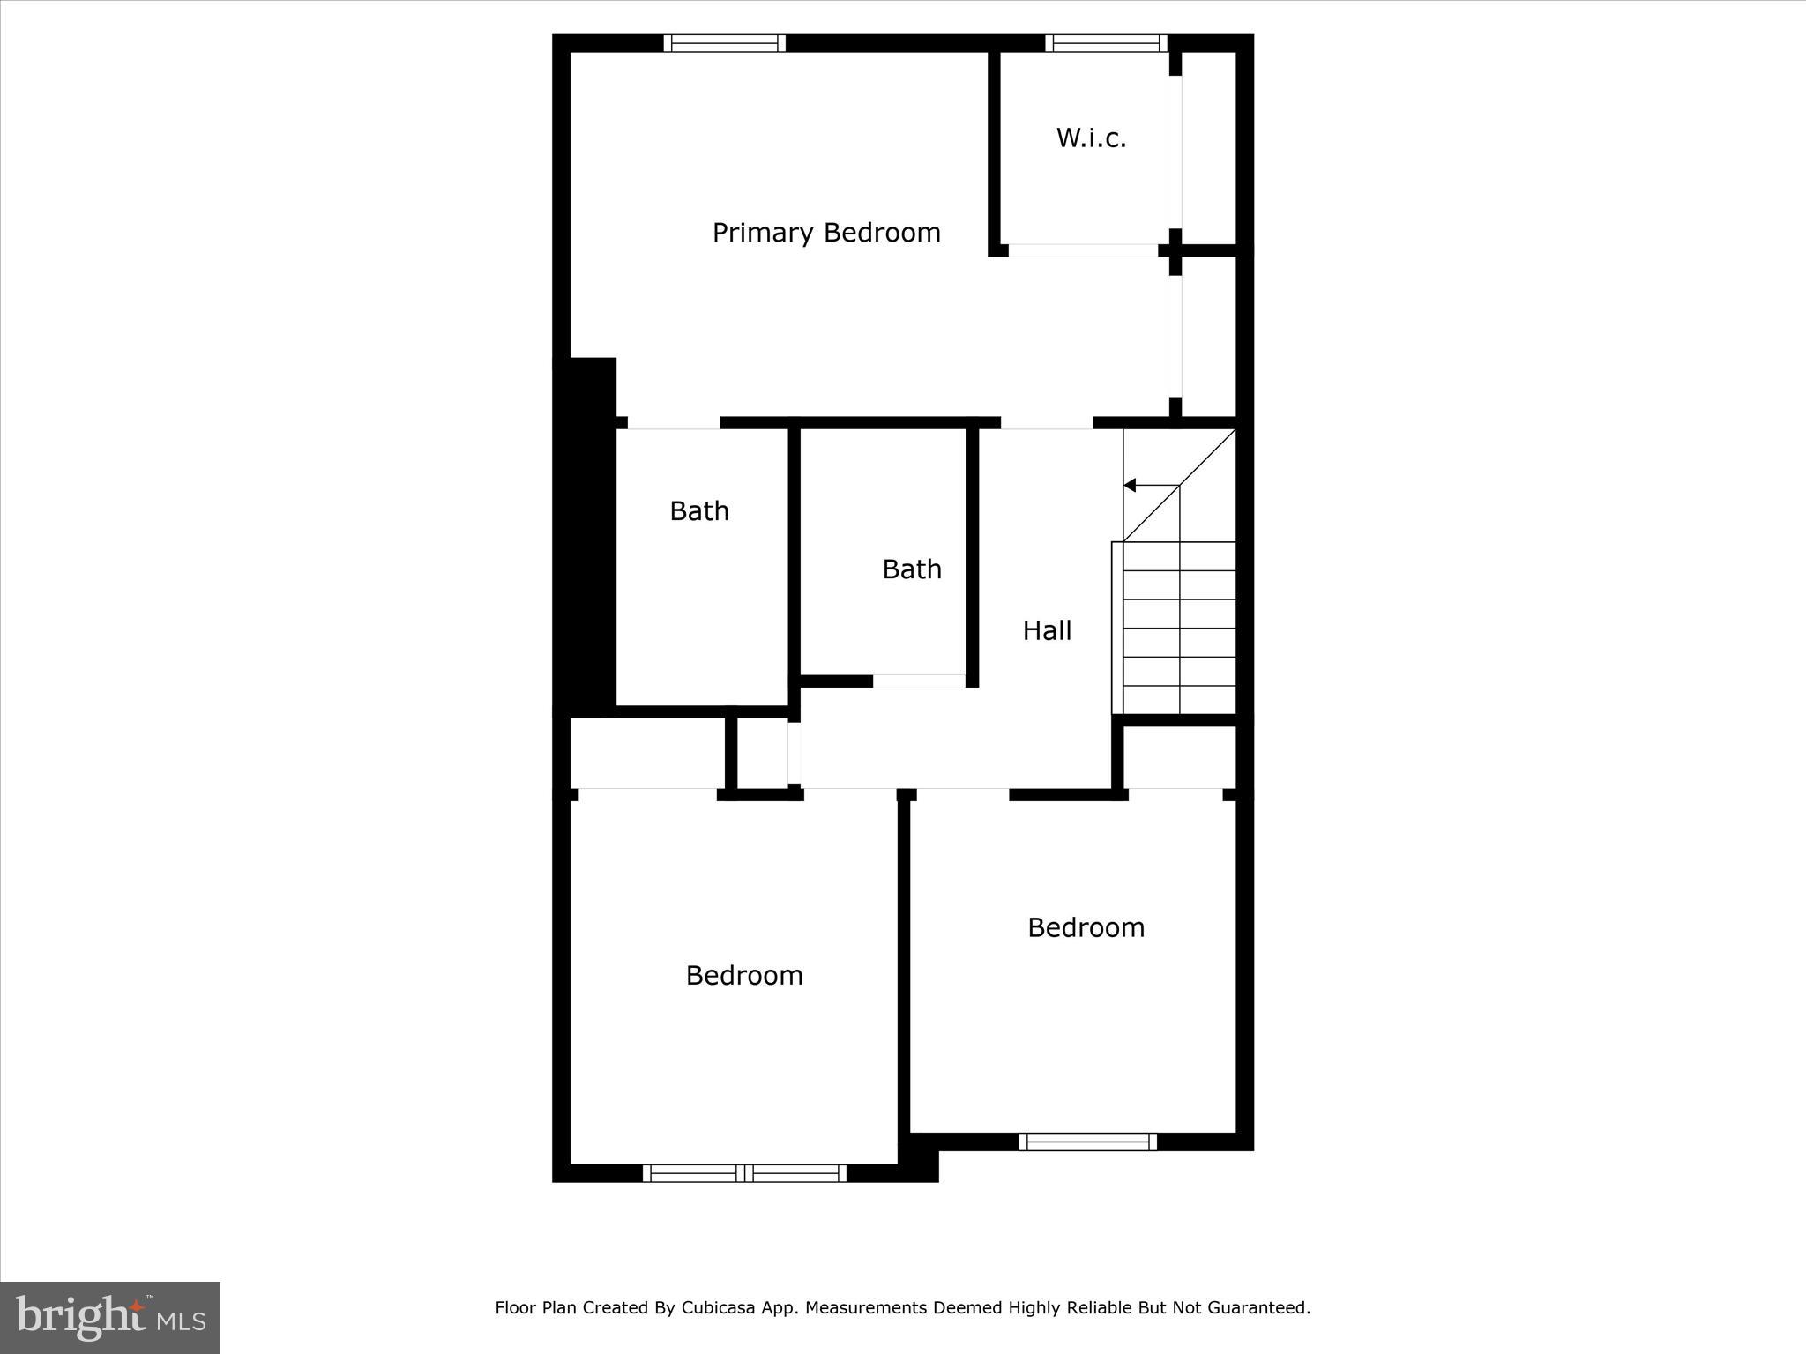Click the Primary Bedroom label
[826, 233]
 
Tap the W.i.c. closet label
[1091, 138]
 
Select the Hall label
[1047, 630]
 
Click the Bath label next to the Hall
[912, 569]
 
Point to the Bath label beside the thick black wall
[699, 511]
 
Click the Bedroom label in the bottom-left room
[744, 975]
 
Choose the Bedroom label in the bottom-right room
[1086, 927]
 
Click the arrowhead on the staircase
[1130, 486]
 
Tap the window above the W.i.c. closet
[1106, 43]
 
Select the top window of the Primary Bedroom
[724, 43]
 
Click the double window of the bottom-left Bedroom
[744, 1173]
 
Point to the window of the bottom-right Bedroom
[1088, 1142]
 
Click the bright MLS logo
[110, 1317]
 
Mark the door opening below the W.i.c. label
[1083, 250]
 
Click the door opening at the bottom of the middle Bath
[919, 681]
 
